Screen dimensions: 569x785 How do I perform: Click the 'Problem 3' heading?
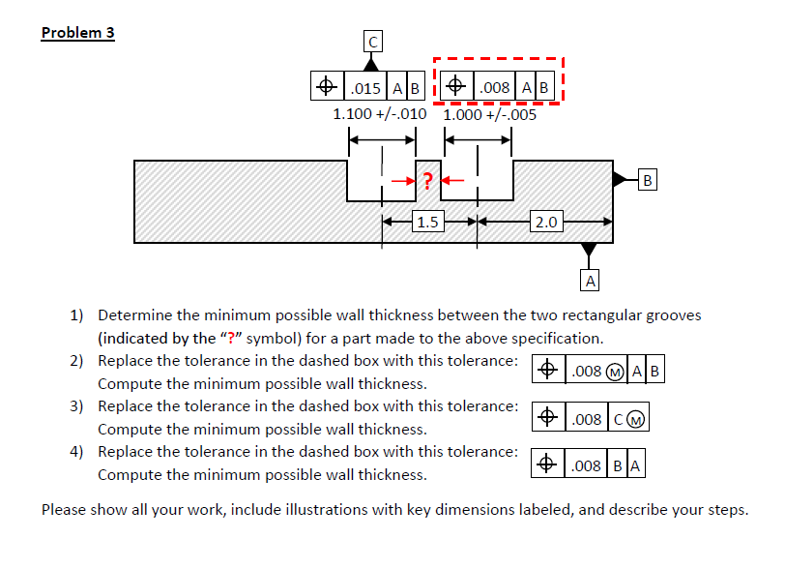tap(77, 33)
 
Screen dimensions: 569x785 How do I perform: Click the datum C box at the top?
tap(372, 41)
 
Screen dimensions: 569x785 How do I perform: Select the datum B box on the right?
tap(648, 179)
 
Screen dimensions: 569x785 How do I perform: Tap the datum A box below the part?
tap(589, 281)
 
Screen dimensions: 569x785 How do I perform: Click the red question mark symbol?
tap(427, 179)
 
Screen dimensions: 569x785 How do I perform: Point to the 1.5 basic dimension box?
tap(427, 222)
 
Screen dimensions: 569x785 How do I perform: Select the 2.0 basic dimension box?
tap(545, 222)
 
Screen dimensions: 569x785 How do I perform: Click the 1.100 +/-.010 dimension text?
tap(379, 114)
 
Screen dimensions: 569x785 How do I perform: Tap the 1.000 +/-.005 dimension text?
tap(490, 114)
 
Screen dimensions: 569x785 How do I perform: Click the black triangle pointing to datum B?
tap(621, 179)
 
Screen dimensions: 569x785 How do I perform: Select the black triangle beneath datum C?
tap(372, 63)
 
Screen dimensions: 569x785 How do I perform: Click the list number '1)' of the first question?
tap(76, 315)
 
